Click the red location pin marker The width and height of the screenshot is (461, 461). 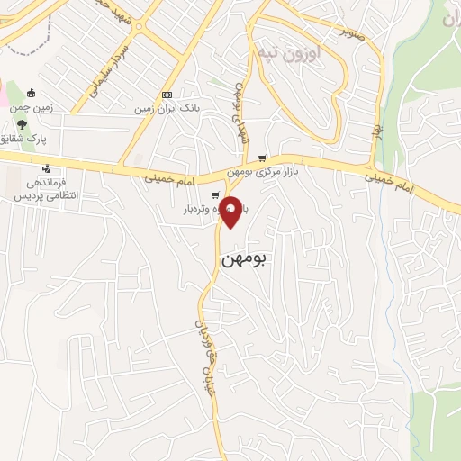(x=231, y=212)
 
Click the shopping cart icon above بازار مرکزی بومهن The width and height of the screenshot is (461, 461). (x=262, y=158)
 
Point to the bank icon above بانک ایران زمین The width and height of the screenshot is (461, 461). (x=167, y=95)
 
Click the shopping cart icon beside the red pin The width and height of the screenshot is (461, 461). (x=214, y=195)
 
